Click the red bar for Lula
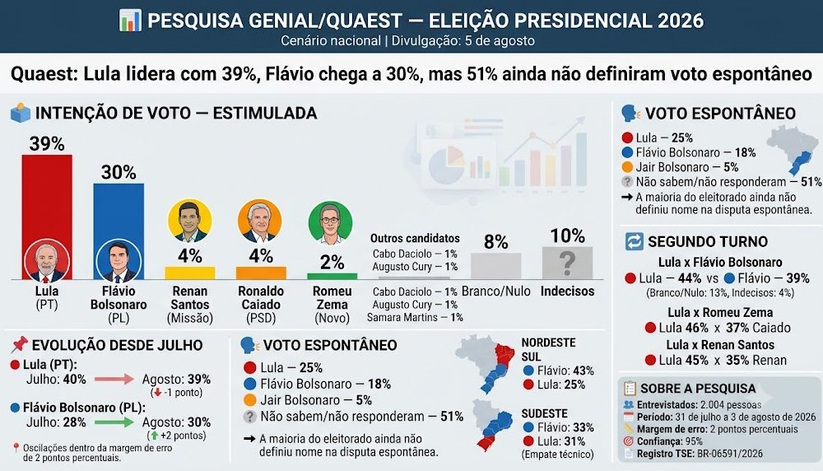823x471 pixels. coord(47,197)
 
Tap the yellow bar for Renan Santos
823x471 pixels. coord(190,273)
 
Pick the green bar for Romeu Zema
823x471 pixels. coord(332,276)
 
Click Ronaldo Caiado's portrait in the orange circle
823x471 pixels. coord(260,221)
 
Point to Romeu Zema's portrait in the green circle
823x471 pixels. coord(330,223)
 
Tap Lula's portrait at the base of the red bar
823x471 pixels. coord(47,260)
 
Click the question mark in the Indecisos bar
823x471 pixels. coord(567,263)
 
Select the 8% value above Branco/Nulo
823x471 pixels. coord(496,242)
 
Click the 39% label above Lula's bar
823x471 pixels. coord(47,143)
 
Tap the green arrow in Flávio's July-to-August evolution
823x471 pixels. coord(114,422)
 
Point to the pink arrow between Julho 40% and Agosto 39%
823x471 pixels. coord(114,379)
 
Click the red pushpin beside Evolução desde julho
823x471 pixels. coord(20,344)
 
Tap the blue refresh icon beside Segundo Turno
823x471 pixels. coord(634,241)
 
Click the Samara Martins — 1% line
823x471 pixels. coord(415,317)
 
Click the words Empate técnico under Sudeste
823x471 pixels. coord(557,455)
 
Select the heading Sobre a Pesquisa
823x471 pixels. coord(698,389)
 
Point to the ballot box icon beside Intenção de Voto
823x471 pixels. coord(21,113)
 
